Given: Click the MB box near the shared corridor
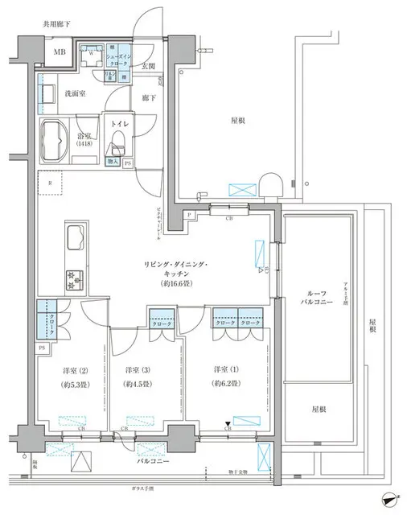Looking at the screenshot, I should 60,53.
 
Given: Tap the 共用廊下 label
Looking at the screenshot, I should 57,25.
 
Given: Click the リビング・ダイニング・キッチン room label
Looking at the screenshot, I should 177,270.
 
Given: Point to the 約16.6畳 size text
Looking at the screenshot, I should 177,284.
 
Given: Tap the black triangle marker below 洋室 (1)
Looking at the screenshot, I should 228,422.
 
